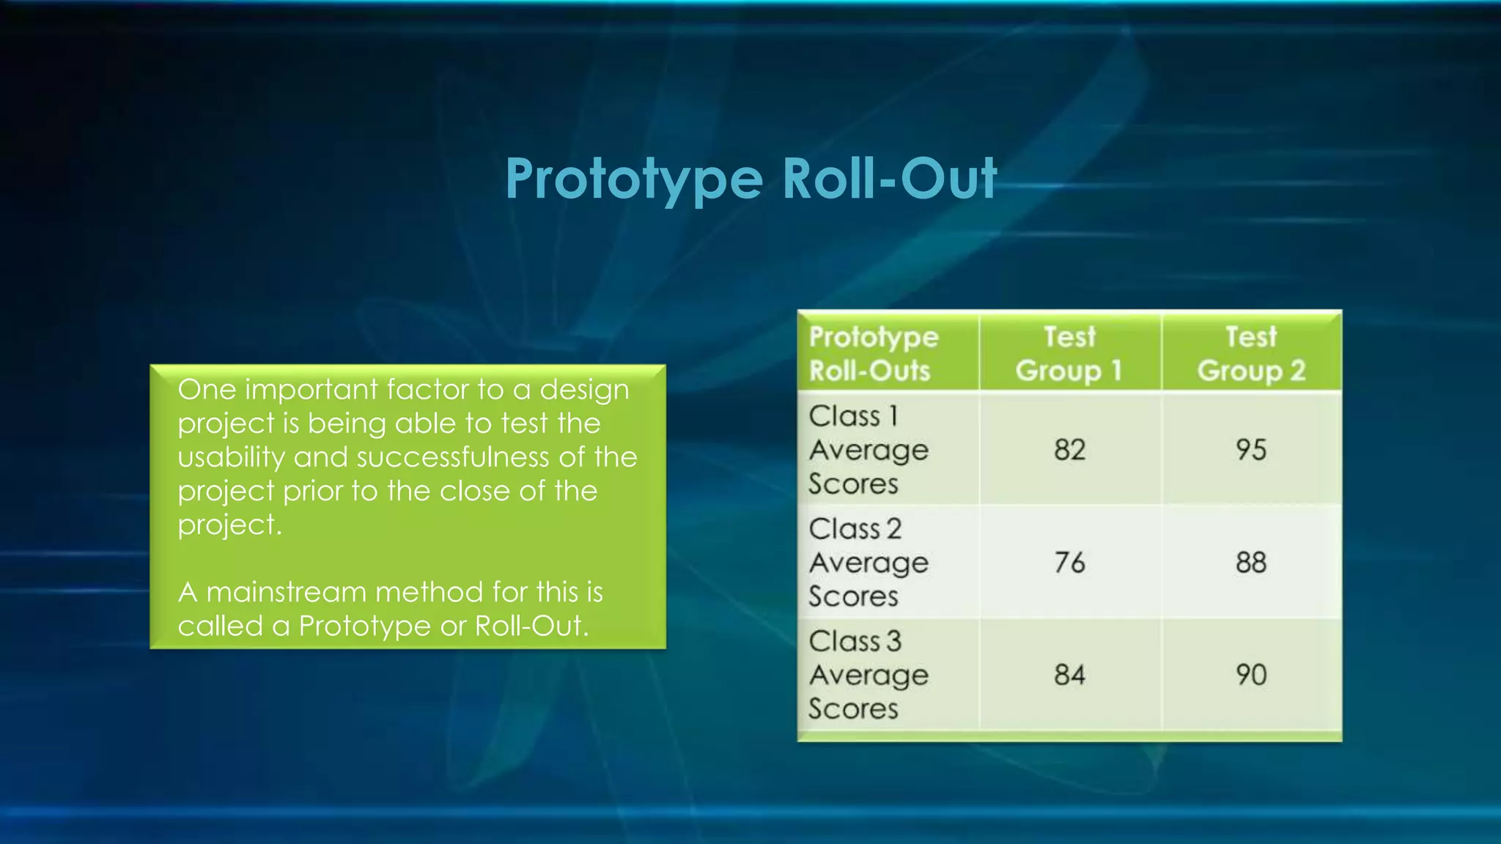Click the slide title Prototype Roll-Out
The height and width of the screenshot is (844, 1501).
750,179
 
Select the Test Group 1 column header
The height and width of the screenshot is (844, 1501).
1069,354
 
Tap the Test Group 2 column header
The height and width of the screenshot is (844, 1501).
1251,354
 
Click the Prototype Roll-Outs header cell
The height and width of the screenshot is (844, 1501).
874,354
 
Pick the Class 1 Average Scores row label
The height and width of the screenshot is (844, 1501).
868,450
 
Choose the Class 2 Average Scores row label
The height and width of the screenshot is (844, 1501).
868,563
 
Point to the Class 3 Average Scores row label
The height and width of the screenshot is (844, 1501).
868,675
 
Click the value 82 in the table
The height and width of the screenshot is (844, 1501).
1069,450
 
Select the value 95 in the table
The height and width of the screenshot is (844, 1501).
1251,450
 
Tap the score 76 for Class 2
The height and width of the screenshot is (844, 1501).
1069,563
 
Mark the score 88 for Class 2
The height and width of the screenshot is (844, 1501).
1251,563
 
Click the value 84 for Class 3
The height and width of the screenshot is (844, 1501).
1069,675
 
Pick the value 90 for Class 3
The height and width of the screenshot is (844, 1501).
1251,675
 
